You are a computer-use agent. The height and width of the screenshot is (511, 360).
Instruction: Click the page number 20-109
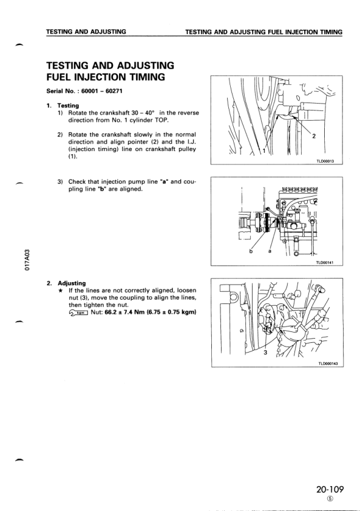(x=330, y=489)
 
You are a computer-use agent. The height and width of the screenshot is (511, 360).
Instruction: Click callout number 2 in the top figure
(x=314, y=136)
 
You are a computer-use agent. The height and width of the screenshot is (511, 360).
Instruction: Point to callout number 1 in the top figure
(x=264, y=151)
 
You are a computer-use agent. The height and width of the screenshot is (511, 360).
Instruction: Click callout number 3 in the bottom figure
(x=265, y=352)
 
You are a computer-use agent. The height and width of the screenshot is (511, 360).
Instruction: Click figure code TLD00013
(x=325, y=161)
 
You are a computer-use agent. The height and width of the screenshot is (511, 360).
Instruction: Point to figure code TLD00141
(x=325, y=262)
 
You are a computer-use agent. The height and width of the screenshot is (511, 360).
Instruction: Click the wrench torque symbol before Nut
(x=78, y=313)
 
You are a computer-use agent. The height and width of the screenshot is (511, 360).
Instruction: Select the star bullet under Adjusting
(x=60, y=290)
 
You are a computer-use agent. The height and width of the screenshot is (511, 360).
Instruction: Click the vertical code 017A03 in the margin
(x=28, y=260)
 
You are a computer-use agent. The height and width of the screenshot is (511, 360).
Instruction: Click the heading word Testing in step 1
(x=68, y=106)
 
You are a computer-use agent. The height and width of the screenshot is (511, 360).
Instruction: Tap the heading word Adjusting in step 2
(x=72, y=283)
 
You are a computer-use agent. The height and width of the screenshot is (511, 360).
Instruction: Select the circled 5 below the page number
(x=330, y=499)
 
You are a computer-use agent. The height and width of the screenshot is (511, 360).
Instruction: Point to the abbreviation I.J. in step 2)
(x=191, y=142)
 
